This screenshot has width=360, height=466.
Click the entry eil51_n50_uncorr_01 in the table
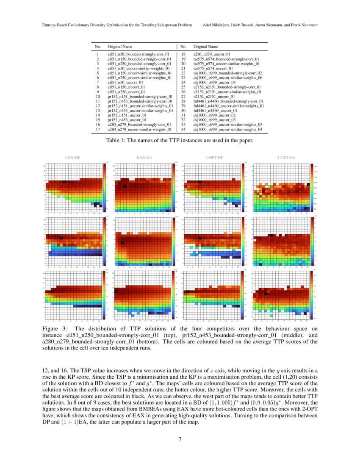click(x=125, y=83)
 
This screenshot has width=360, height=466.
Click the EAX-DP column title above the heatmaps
click(x=73, y=158)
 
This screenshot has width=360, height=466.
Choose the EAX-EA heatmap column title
click(x=144, y=158)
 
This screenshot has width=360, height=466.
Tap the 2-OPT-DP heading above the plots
click(x=214, y=158)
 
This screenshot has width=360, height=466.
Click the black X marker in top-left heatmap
click(x=64, y=182)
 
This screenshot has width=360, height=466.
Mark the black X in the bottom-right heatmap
click(x=266, y=294)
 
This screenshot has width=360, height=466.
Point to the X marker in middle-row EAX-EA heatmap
click(x=122, y=243)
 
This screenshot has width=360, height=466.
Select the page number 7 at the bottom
click(x=180, y=439)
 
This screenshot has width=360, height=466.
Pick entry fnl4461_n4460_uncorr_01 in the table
click(x=216, y=111)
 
